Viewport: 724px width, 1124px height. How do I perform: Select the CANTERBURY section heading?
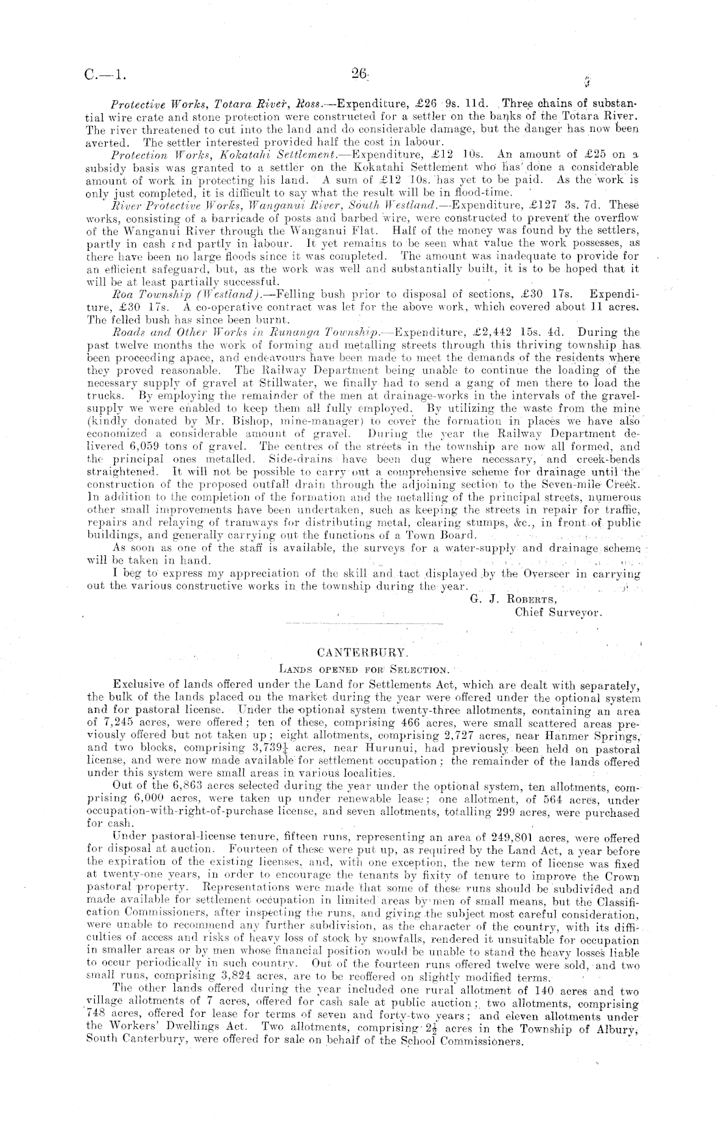tap(362, 651)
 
